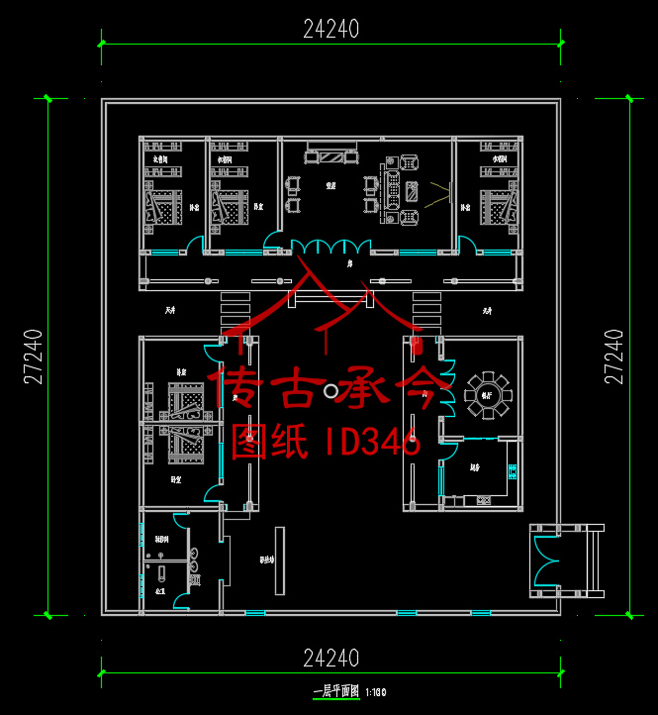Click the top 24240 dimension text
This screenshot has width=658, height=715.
(331, 30)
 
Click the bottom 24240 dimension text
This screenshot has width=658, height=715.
(331, 658)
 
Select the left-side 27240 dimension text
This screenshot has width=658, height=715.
(34, 357)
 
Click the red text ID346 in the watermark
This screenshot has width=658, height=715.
(373, 442)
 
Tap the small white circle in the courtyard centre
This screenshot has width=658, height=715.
(330, 392)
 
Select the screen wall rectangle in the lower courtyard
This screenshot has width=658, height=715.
(280, 560)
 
